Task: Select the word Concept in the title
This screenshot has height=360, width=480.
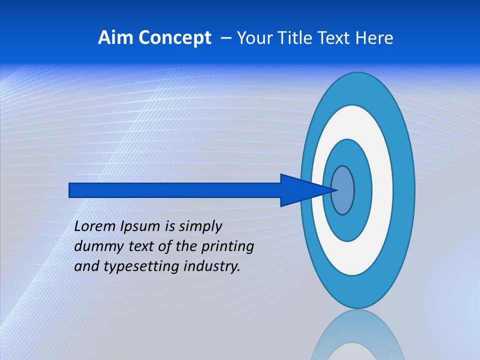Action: [x=174, y=38]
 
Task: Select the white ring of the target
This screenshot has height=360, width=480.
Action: [x=382, y=190]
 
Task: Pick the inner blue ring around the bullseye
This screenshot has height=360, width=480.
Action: [x=362, y=190]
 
